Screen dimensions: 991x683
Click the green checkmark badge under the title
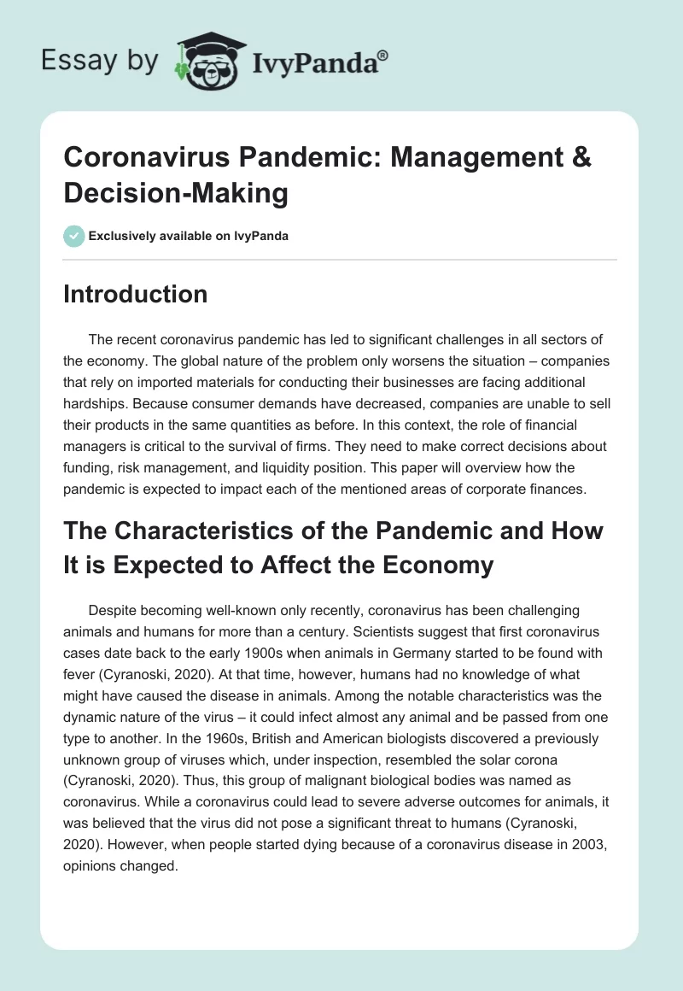tap(74, 236)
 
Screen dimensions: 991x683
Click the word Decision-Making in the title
tap(176, 193)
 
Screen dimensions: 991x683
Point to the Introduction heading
tap(136, 294)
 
